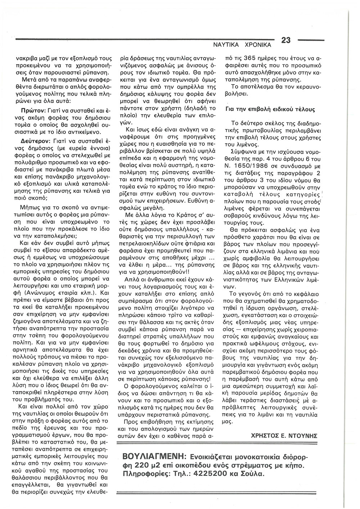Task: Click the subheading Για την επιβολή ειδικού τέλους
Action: click(270, 109)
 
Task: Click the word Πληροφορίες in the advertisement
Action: click(143, 474)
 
